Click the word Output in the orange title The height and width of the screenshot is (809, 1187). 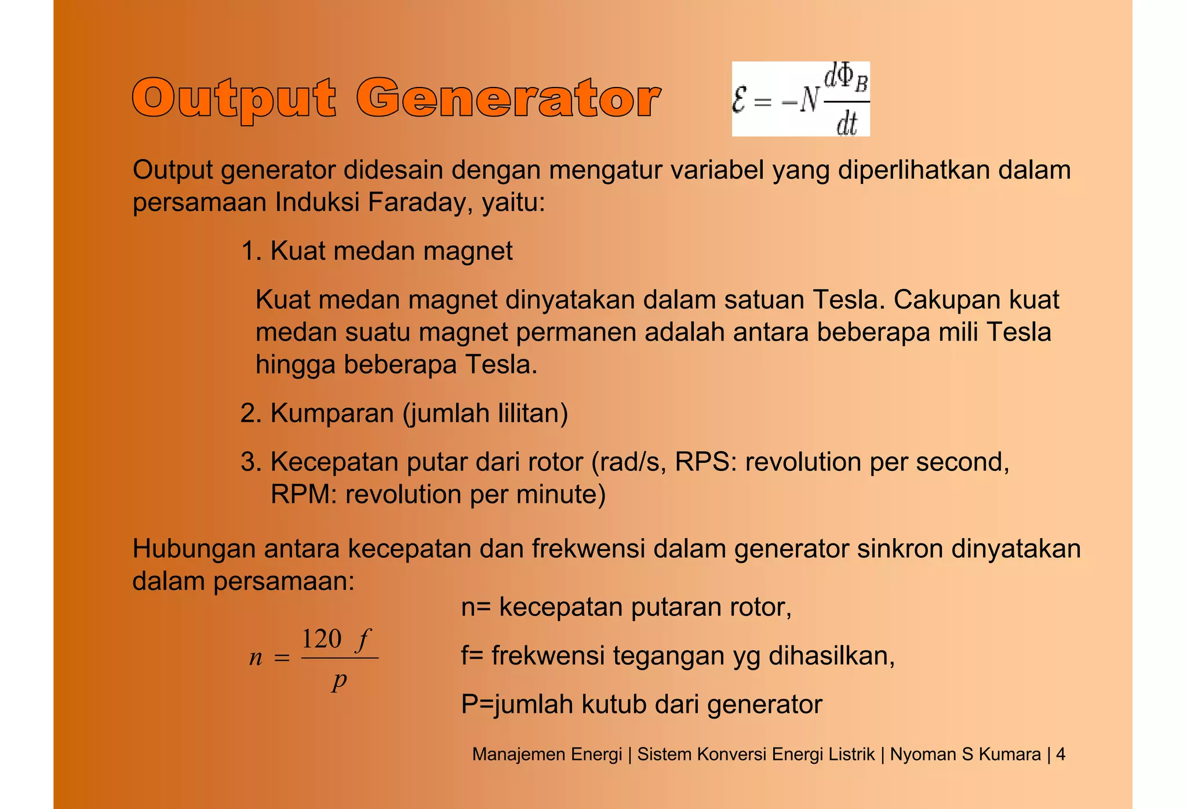coord(234,99)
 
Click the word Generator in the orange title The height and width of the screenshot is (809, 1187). coord(508,99)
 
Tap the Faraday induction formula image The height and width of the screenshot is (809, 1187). coord(800,99)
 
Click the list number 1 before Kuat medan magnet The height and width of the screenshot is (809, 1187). coord(247,252)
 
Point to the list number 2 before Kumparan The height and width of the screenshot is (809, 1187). coord(247,413)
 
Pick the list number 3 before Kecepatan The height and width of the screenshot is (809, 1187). coord(247,462)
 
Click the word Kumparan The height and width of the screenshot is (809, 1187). coord(332,413)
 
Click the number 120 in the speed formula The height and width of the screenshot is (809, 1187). coord(322,639)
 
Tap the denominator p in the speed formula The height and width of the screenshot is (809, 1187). coord(340,680)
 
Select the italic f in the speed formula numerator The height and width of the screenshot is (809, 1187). coord(363,640)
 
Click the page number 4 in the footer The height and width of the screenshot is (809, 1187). coord(1060,754)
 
